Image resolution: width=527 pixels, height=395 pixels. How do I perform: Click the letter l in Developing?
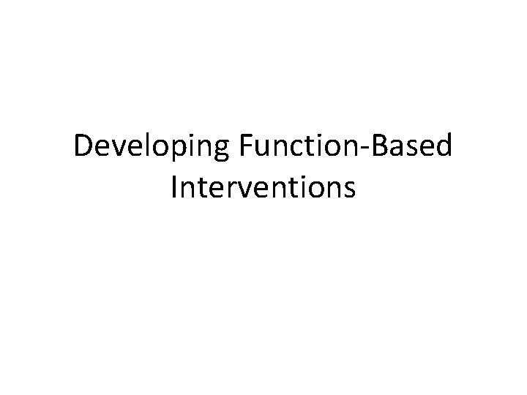[x=130, y=147]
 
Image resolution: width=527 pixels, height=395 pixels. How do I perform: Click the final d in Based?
[x=444, y=148]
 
